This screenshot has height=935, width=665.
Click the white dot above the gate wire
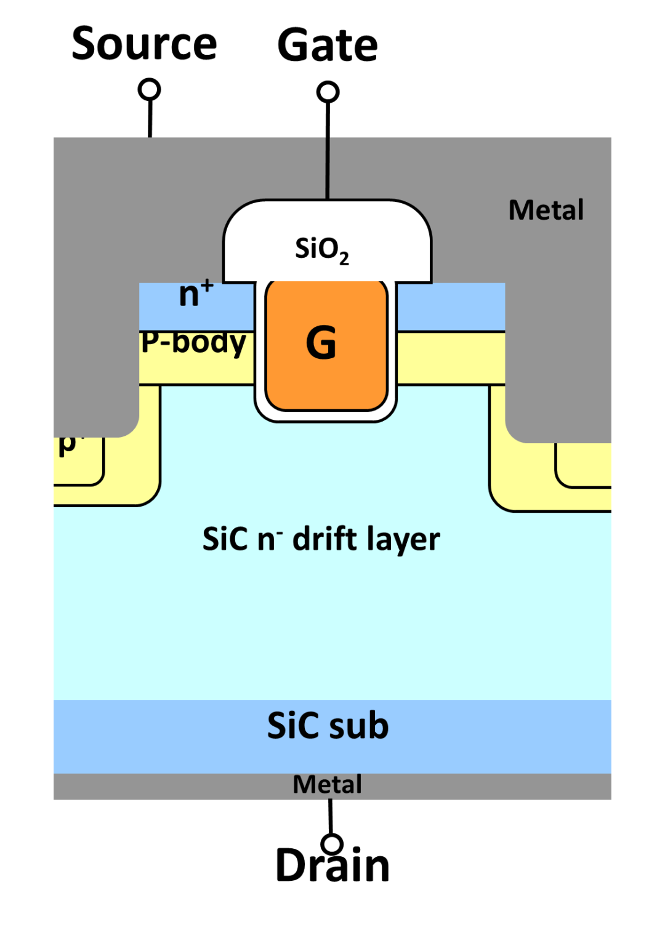pyautogui.click(x=328, y=92)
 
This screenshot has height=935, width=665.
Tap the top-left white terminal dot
pyautogui.click(x=149, y=90)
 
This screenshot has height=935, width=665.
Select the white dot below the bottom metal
pyautogui.click(x=332, y=845)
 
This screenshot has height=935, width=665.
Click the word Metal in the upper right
pyautogui.click(x=546, y=211)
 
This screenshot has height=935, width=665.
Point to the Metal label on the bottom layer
pyautogui.click(x=327, y=785)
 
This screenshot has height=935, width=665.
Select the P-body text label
pyautogui.click(x=193, y=343)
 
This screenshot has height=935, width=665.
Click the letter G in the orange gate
pyautogui.click(x=321, y=343)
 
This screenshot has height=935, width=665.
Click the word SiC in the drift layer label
pyautogui.click(x=225, y=539)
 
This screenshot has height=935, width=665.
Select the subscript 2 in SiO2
pyautogui.click(x=344, y=259)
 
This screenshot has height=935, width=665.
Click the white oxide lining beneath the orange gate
pyautogui.click(x=326, y=416)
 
